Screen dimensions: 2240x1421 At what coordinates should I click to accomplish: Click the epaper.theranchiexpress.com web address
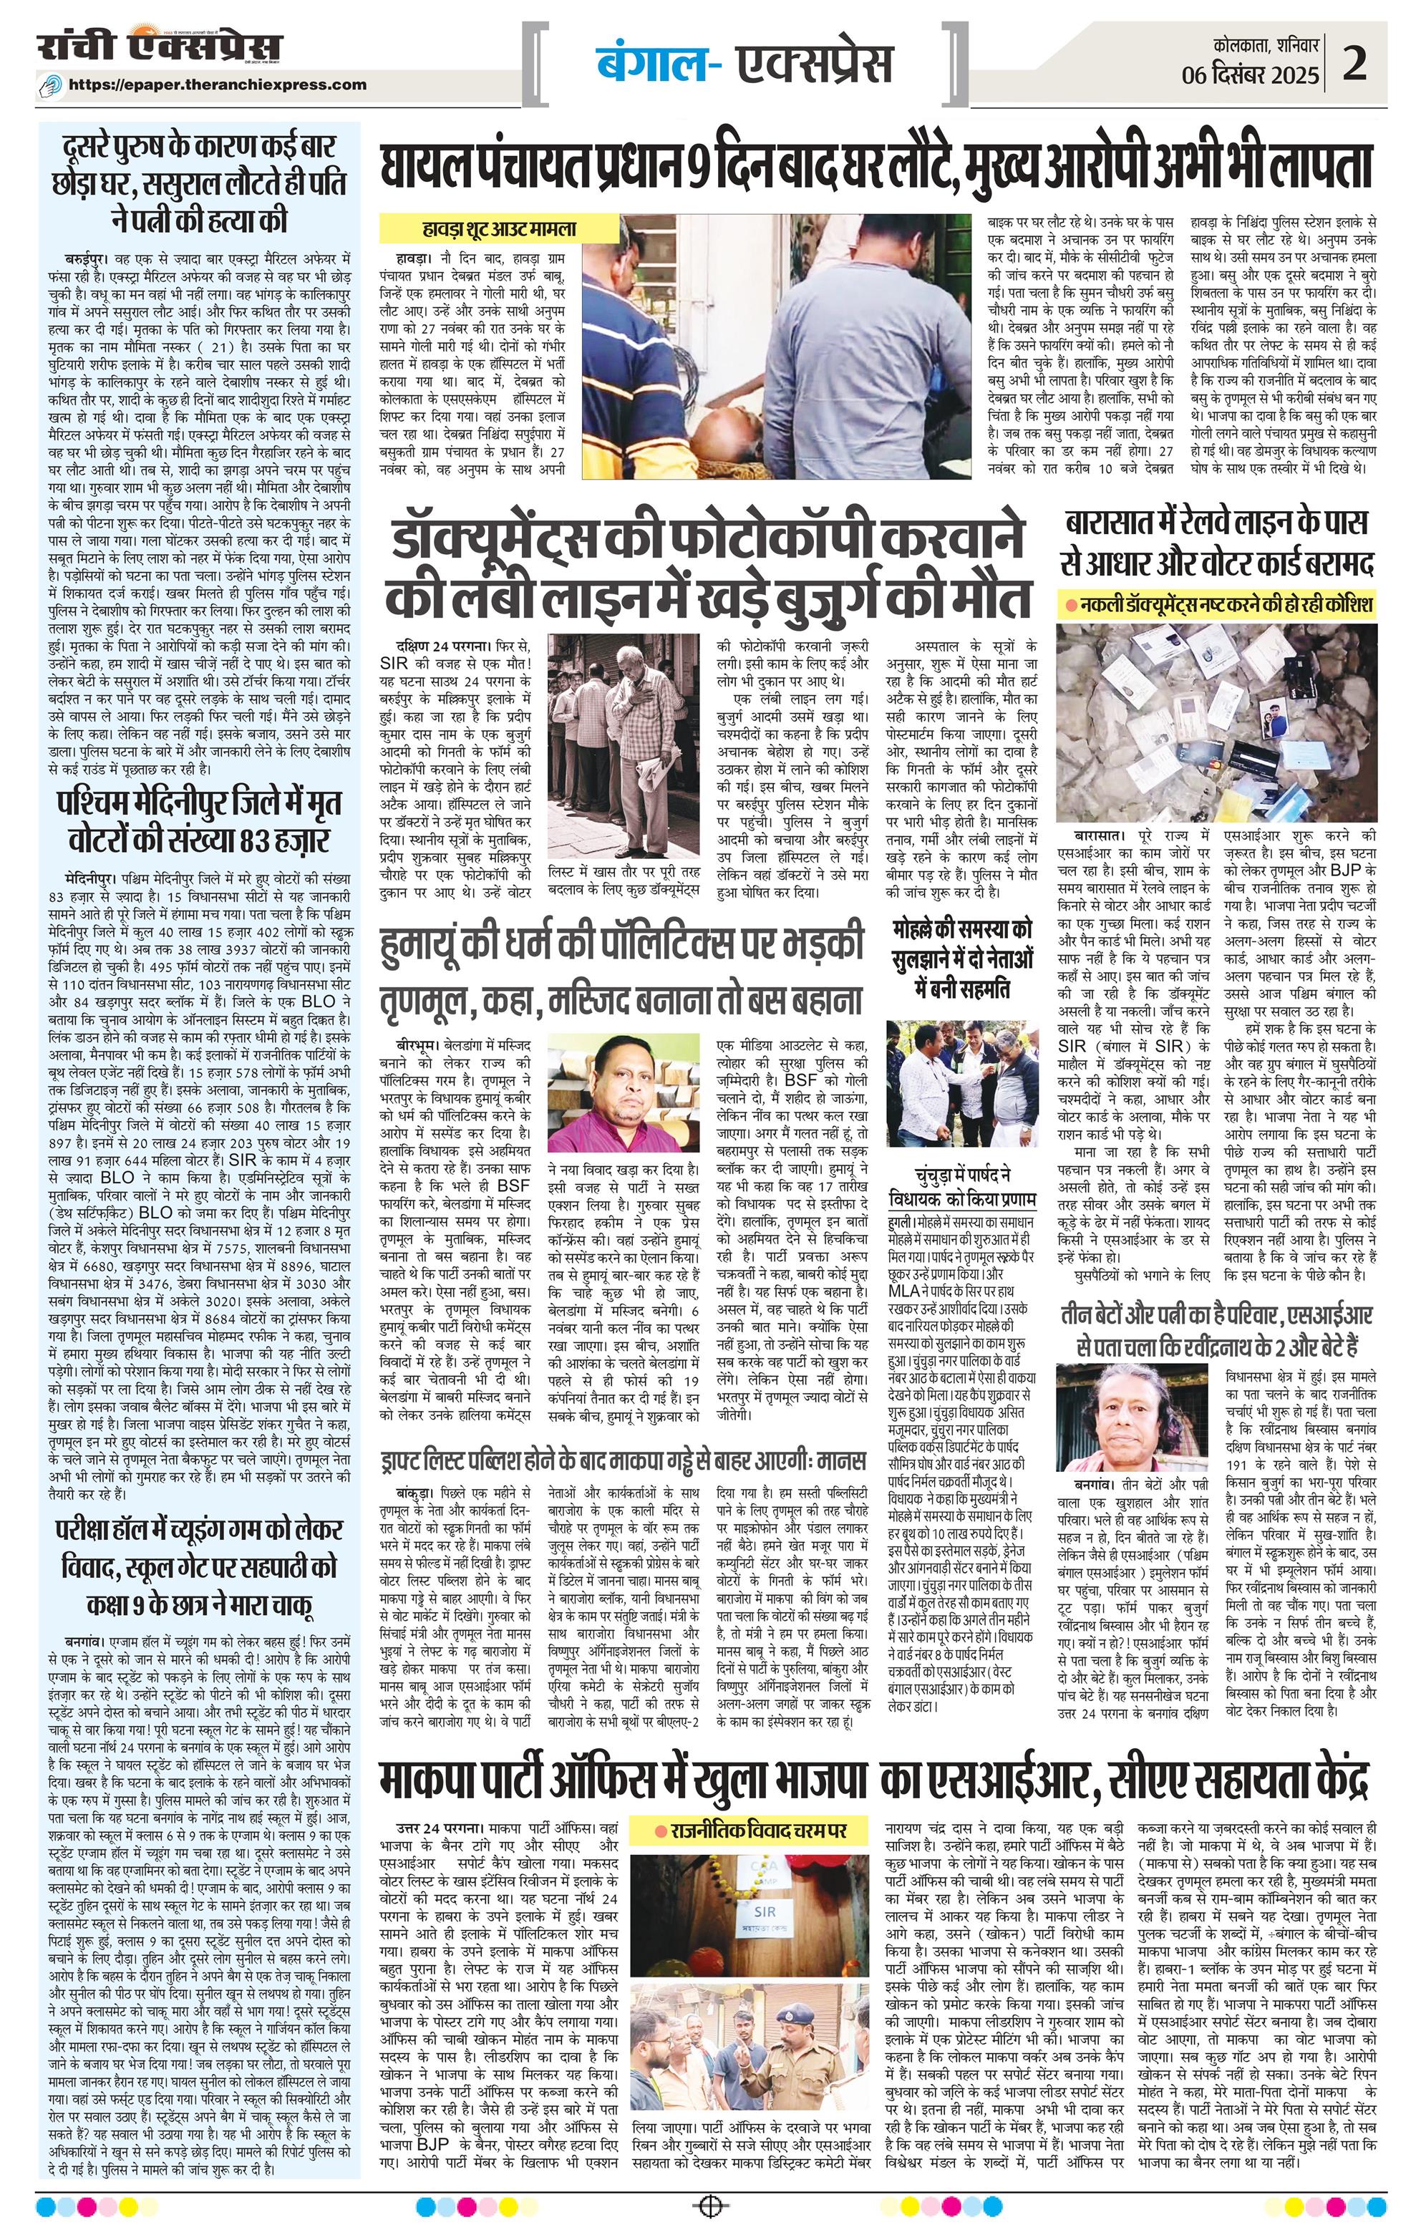(231, 84)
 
